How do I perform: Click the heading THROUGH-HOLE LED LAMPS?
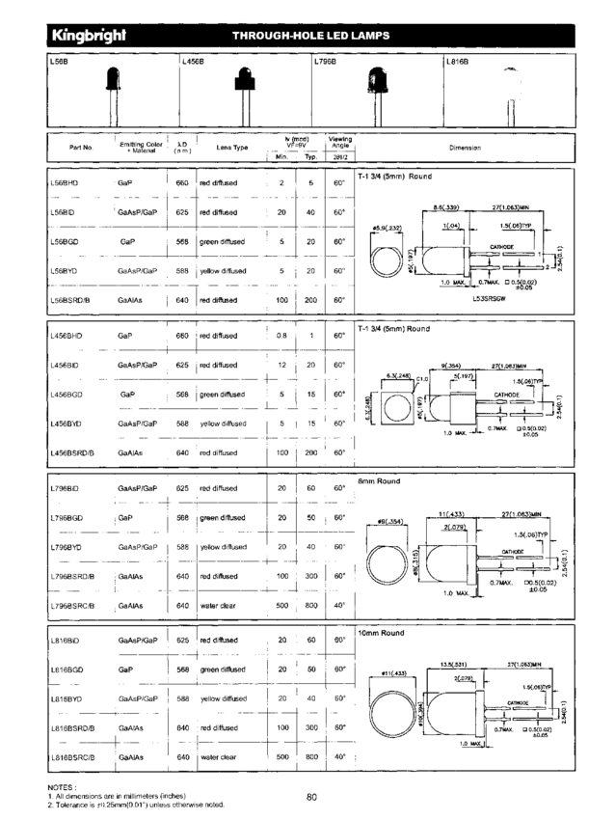pyautogui.click(x=310, y=36)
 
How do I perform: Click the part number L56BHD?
pyautogui.click(x=66, y=182)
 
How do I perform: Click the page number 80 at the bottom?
pyautogui.click(x=311, y=797)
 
